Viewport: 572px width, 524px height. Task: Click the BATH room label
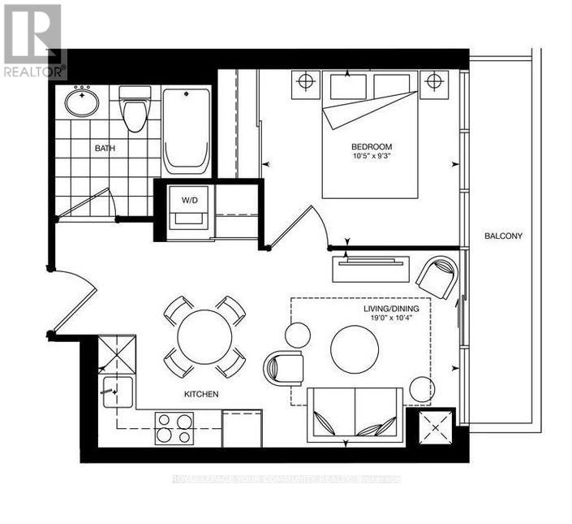(x=104, y=148)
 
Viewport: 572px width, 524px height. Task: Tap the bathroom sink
(x=81, y=102)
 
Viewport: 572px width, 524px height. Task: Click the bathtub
(x=187, y=130)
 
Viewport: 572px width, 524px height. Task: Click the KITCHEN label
(x=200, y=394)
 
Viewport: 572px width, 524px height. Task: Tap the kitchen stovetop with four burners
(x=174, y=427)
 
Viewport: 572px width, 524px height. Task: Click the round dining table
(x=205, y=337)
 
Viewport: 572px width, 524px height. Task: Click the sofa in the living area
(x=355, y=414)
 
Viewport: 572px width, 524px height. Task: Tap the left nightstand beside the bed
(x=305, y=82)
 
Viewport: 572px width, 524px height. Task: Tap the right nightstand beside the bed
(x=433, y=82)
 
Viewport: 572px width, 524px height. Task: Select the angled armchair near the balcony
(x=437, y=276)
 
